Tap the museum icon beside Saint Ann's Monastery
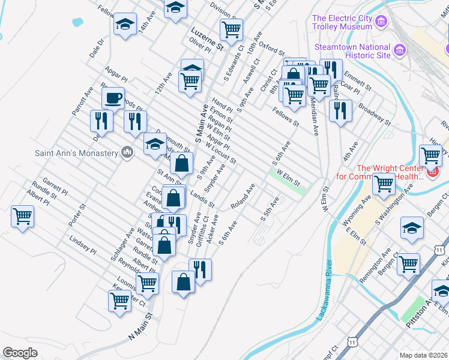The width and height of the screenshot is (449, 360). pos(127,153)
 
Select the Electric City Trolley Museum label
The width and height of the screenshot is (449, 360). pos(342,22)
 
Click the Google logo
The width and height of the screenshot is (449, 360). pos(20,352)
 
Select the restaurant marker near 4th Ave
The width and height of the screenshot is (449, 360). pos(340,110)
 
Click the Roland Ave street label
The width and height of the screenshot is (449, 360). pos(243,197)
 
